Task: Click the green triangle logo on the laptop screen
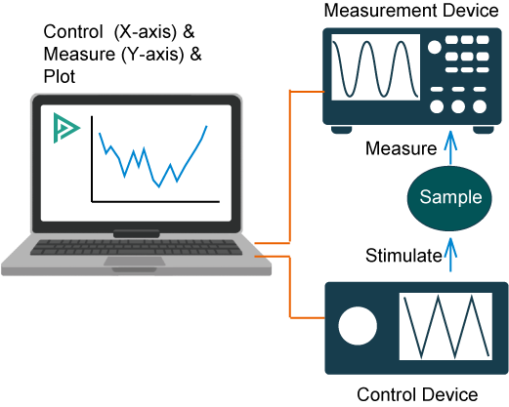[65, 128]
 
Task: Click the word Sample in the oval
[450, 197]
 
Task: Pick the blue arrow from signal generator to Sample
[450, 256]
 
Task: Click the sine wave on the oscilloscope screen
[375, 67]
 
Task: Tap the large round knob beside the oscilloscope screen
[435, 46]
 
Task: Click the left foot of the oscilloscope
[341, 130]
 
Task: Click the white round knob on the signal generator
[358, 327]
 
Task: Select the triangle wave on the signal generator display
[445, 327]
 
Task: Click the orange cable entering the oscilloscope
[308, 92]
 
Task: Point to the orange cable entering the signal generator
[308, 317]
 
